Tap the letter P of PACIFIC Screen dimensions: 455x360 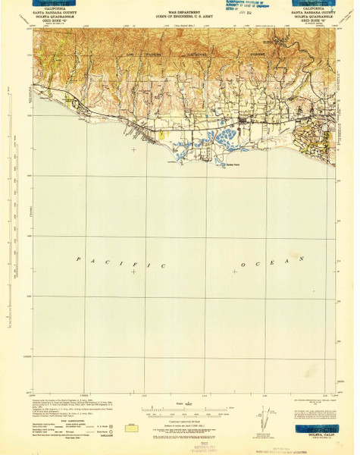point(80,258)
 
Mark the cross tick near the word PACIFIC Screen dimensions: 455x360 point(134,272)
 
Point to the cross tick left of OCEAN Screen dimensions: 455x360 point(231,272)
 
